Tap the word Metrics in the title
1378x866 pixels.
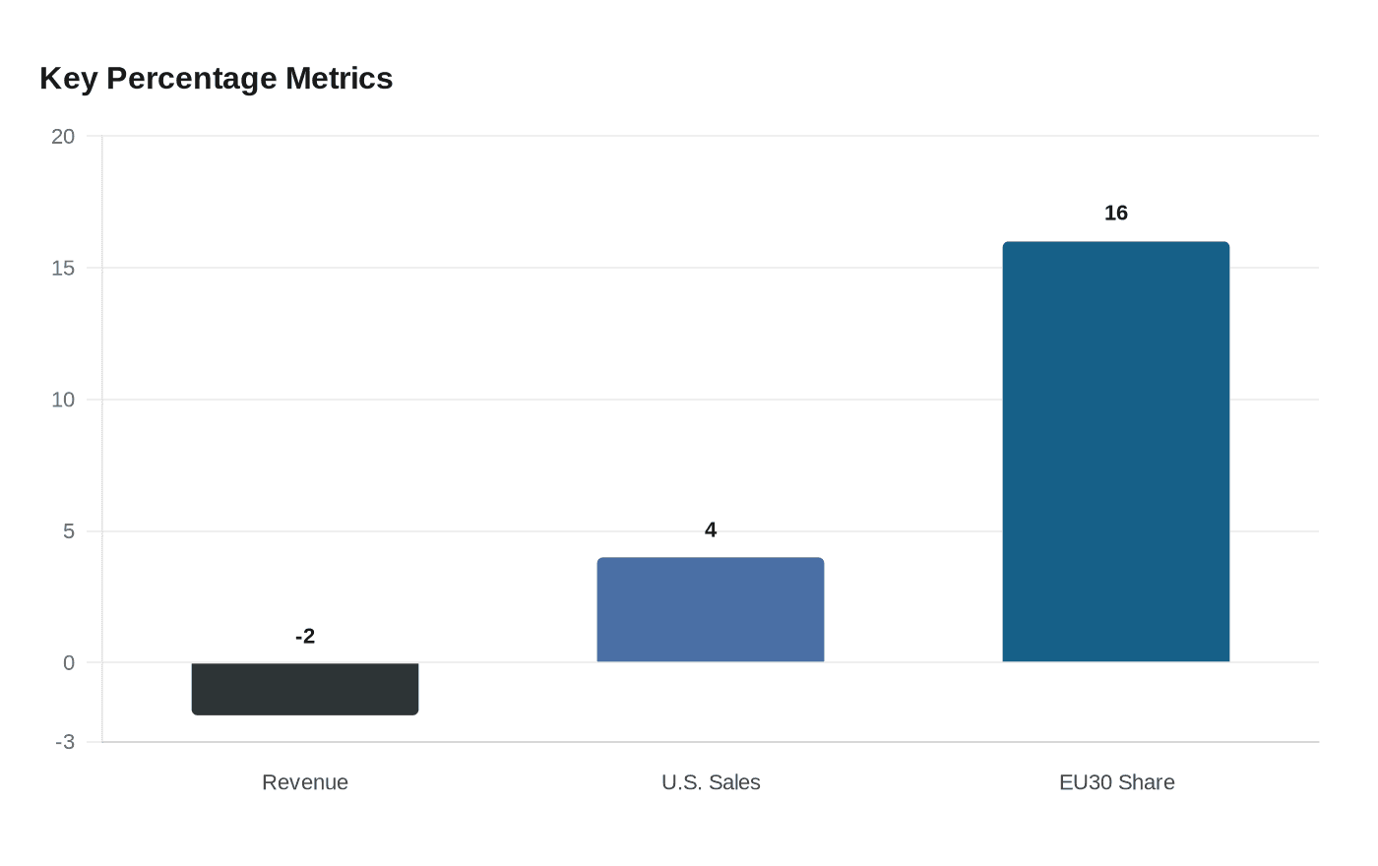(339, 79)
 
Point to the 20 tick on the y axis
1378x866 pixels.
(63, 137)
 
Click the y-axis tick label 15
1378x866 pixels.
(63, 268)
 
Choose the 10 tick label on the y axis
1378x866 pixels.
(63, 400)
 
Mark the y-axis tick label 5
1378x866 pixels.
(69, 531)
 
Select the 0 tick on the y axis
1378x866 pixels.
(69, 663)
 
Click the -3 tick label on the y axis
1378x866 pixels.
(65, 742)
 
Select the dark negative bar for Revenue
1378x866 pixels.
(305, 689)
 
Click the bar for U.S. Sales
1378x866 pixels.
(711, 610)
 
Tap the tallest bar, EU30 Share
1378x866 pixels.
(1116, 453)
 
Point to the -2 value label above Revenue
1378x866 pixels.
(305, 637)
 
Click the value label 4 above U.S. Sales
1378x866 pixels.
(711, 530)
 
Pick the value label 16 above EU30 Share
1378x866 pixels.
(1116, 214)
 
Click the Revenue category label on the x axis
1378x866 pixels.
(305, 782)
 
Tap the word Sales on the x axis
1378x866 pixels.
(734, 782)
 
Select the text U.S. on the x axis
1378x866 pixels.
(681, 782)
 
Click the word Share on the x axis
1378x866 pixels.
(1147, 782)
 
